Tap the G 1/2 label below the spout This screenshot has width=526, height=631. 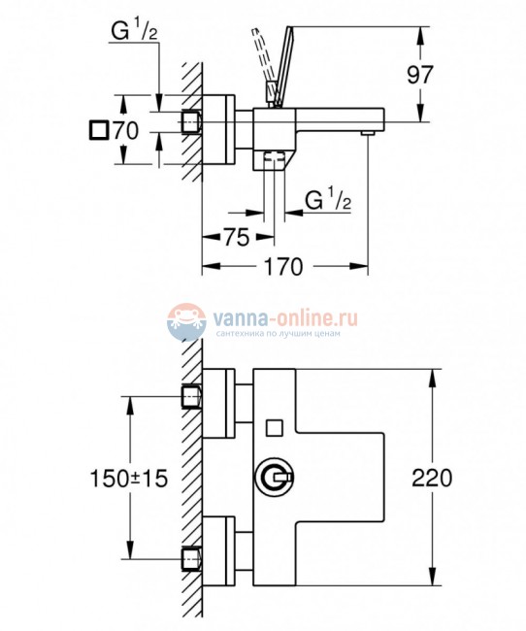click(327, 201)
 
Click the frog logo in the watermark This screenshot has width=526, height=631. click(187, 322)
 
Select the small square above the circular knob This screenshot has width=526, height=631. click(274, 426)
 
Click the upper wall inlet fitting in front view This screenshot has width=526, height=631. click(193, 395)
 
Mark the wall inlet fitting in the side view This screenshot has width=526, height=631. click(192, 121)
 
